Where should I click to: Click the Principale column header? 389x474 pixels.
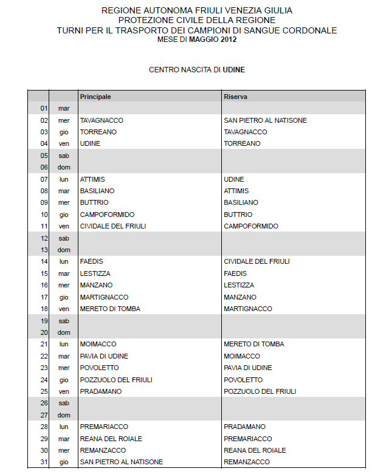[x=95, y=97]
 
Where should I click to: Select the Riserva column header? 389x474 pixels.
[x=235, y=97]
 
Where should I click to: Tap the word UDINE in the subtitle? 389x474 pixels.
[x=234, y=70]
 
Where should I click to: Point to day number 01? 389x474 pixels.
[x=44, y=108]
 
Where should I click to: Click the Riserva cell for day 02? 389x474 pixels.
[x=265, y=120]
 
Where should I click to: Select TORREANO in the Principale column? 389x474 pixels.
[x=98, y=132]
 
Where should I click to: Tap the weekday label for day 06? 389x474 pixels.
[x=64, y=167]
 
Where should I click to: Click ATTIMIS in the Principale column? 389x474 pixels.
[x=92, y=179]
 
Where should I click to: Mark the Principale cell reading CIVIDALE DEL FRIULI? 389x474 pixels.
[x=113, y=226]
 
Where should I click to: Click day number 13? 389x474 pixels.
[x=44, y=250]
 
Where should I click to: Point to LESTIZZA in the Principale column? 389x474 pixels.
[x=95, y=273]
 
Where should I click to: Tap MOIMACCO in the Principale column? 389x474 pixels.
[x=98, y=344]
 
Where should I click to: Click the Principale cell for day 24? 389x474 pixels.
[x=116, y=380]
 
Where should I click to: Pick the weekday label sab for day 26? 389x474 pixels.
[x=64, y=403]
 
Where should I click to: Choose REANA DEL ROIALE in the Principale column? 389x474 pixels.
[x=111, y=438]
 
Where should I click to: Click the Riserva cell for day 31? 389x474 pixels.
[x=247, y=462]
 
